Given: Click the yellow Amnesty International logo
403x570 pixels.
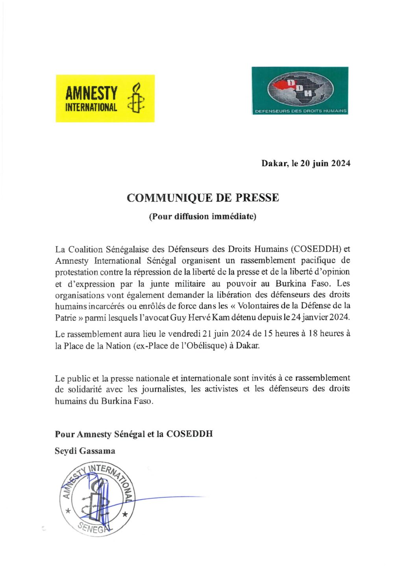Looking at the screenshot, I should click(105, 98).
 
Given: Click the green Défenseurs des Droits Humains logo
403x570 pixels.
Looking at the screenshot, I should click(300, 91).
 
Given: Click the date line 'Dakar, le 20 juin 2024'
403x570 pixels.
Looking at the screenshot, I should click(306, 163).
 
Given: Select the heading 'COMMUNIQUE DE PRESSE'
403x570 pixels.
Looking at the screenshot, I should click(203, 198).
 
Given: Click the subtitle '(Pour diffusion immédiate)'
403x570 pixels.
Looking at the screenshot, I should click(202, 217).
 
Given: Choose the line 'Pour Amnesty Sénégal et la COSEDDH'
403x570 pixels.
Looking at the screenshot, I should click(134, 434).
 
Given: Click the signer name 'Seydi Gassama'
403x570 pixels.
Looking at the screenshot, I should click(85, 451).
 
